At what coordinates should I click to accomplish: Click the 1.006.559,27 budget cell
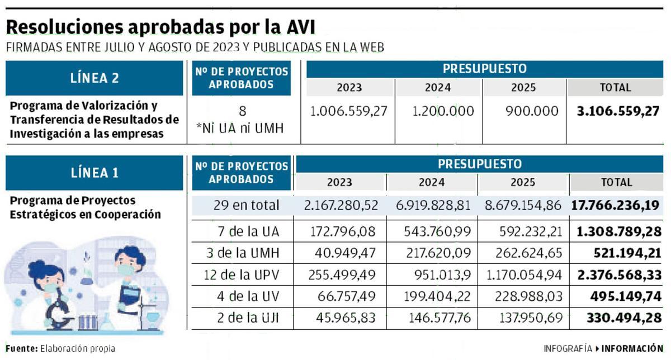(349, 111)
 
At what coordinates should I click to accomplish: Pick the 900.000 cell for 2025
(531, 111)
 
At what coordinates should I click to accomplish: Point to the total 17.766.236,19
(615, 205)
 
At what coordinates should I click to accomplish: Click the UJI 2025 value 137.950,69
(524, 319)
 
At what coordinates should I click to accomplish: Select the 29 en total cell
(246, 205)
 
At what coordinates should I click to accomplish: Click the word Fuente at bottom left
(21, 348)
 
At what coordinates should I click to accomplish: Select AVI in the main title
(299, 27)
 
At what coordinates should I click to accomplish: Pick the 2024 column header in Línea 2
(438, 88)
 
